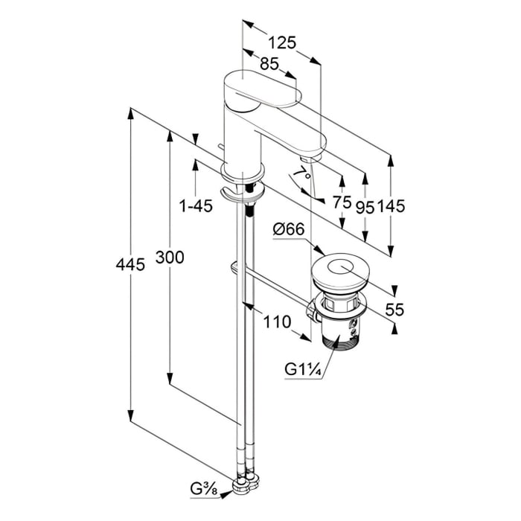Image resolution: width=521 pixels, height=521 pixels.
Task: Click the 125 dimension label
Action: [x=282, y=42]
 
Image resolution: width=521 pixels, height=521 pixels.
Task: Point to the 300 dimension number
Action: [x=170, y=258]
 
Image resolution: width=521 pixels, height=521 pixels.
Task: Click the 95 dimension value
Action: [x=365, y=208]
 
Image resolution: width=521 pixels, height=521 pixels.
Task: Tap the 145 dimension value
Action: [x=390, y=208]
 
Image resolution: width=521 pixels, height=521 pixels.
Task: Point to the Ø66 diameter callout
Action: [x=288, y=231]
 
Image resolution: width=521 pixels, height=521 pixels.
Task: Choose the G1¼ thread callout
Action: [x=301, y=368]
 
